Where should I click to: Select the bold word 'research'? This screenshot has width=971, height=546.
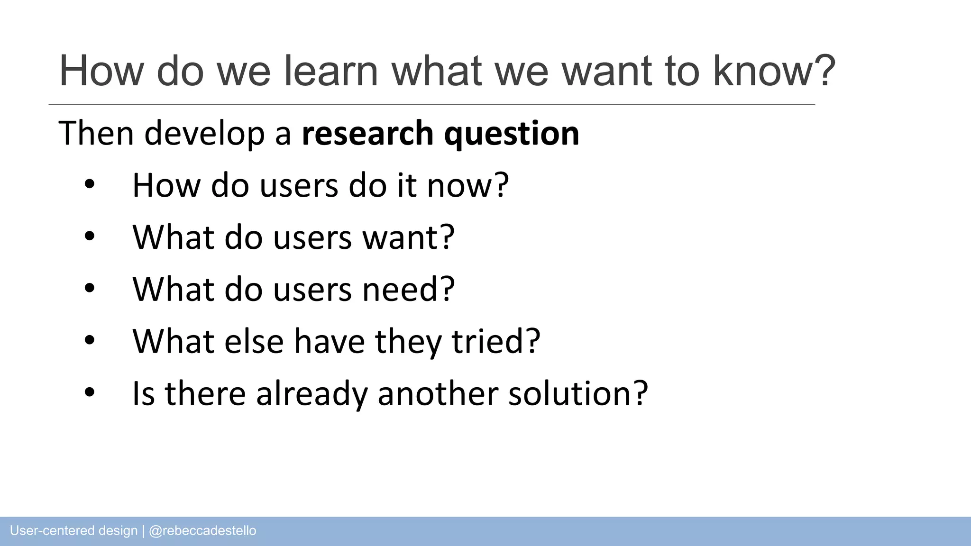click(367, 133)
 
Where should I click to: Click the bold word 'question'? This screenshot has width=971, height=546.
click(512, 134)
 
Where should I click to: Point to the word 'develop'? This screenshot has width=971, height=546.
click(204, 134)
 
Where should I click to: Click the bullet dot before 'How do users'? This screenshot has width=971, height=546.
click(90, 185)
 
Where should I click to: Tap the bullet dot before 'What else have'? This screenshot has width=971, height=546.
click(90, 340)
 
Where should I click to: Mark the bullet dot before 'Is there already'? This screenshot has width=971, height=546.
click(90, 392)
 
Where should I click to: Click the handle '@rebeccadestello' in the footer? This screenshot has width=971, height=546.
click(202, 531)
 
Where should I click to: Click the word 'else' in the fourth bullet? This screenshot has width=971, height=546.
click(254, 341)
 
